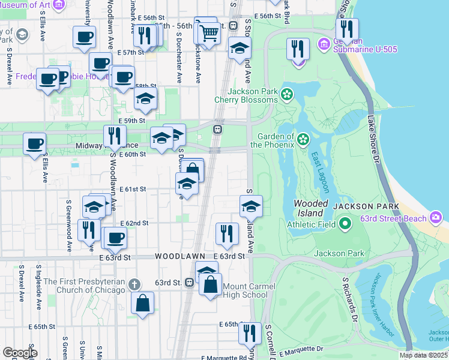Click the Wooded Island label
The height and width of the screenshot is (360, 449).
tap(311, 208)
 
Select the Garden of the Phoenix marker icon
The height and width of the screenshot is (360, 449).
tap(303, 140)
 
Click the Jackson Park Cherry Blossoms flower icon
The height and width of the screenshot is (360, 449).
tap(288, 94)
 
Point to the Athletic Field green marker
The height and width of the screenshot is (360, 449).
tap(345, 225)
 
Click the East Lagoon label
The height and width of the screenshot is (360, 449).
tap(320, 172)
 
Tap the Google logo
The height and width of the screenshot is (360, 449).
tap(20, 353)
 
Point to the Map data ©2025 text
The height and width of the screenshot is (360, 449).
tap(423, 355)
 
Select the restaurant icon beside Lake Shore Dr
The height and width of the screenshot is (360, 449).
tap(347, 29)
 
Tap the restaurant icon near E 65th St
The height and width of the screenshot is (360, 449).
tap(250, 333)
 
